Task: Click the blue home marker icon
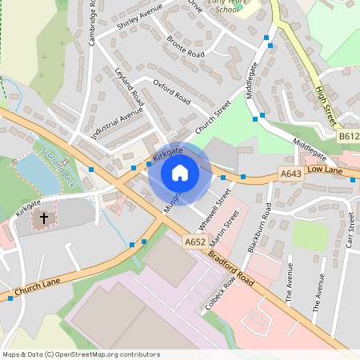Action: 180,172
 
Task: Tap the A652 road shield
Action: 194,241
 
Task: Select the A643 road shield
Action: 290,173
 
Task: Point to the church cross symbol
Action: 44,217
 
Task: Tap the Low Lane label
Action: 324,170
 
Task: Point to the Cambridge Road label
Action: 92,22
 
